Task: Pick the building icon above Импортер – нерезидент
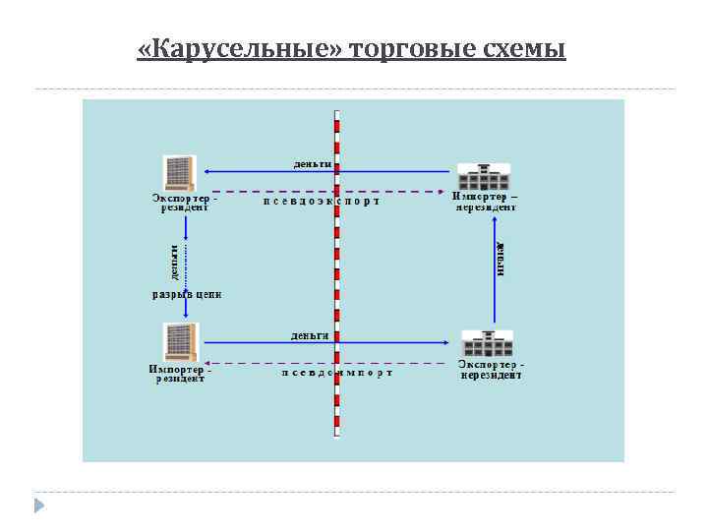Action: tap(485, 176)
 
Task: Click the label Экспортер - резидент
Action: tap(184, 202)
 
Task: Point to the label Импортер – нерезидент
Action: tap(486, 202)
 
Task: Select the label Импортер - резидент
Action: tap(180, 374)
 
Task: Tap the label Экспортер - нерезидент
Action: tap(492, 370)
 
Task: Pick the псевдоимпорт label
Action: tap(336, 373)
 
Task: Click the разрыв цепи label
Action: tap(186, 293)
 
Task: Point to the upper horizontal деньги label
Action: tap(312, 162)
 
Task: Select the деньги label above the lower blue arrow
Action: tap(310, 334)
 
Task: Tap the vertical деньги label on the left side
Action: tap(173, 261)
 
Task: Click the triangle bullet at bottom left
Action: tap(39, 505)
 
